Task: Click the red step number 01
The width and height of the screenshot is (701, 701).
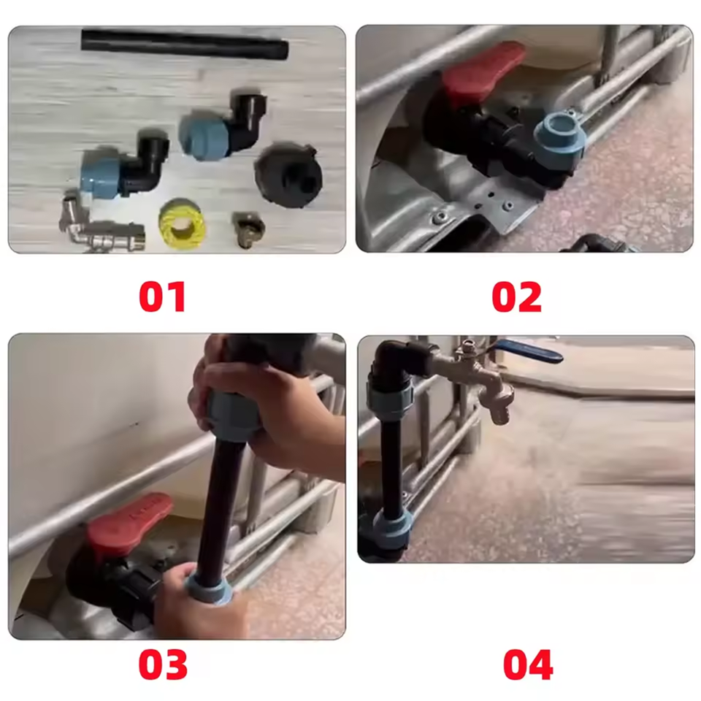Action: point(162,296)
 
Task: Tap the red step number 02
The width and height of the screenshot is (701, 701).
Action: point(516,296)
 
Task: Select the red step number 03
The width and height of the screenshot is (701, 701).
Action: point(163,664)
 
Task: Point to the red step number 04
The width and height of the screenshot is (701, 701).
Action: point(528,664)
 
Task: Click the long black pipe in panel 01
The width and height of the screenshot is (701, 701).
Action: point(185,44)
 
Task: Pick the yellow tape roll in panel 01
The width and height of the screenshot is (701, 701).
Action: point(182,223)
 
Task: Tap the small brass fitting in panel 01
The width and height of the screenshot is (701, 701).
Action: point(248,228)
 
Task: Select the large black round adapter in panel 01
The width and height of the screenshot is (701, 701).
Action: point(288,175)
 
